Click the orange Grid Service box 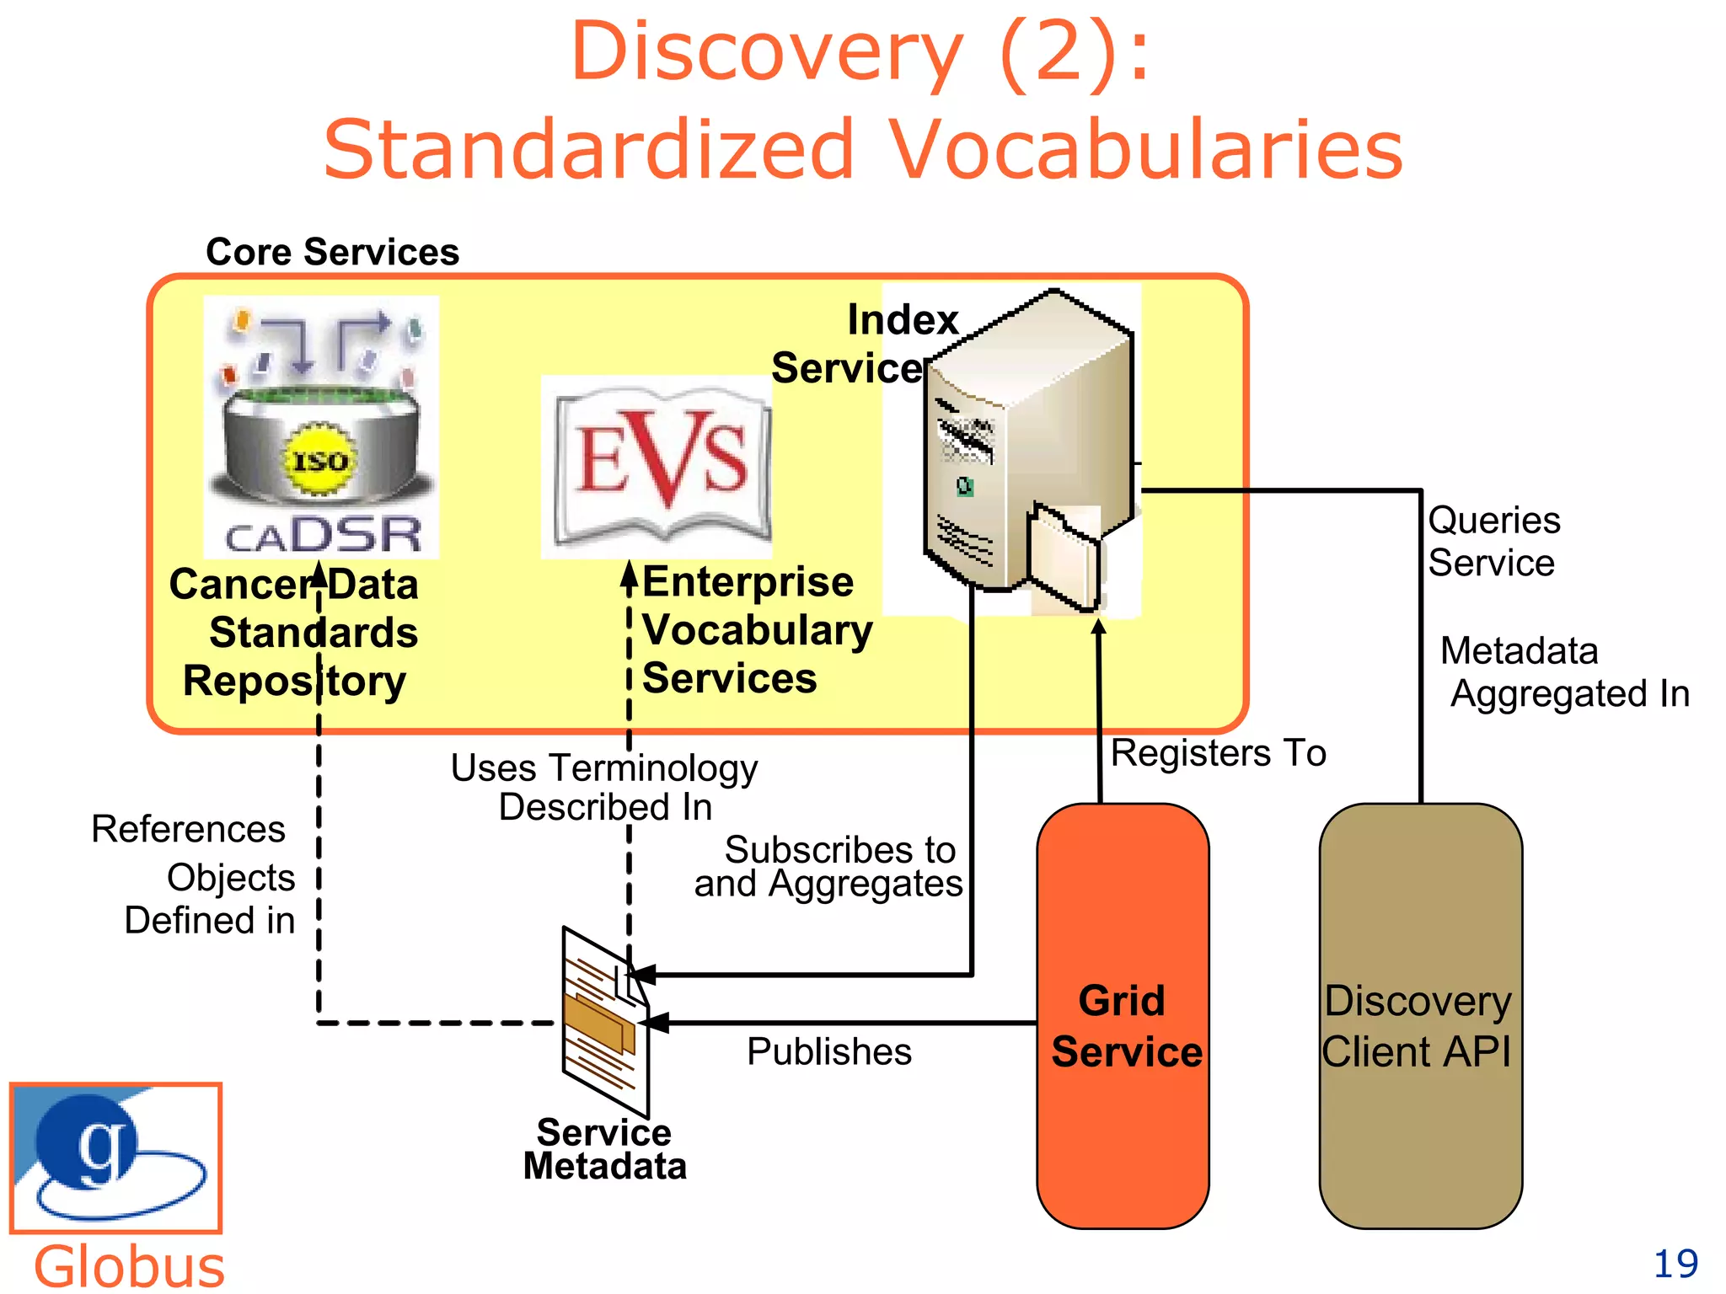click(1123, 1015)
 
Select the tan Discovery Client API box click(1420, 1015)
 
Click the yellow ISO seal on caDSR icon click(319, 460)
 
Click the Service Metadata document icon click(605, 1021)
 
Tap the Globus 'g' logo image click(115, 1157)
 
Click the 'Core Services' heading click(332, 252)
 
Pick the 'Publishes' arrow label click(828, 1051)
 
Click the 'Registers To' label click(1218, 752)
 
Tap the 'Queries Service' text click(1493, 541)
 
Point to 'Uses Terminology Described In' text click(604, 787)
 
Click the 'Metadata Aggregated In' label click(1563, 672)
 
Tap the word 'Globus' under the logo click(129, 1265)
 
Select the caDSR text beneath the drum click(323, 535)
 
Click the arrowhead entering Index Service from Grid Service click(1098, 628)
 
